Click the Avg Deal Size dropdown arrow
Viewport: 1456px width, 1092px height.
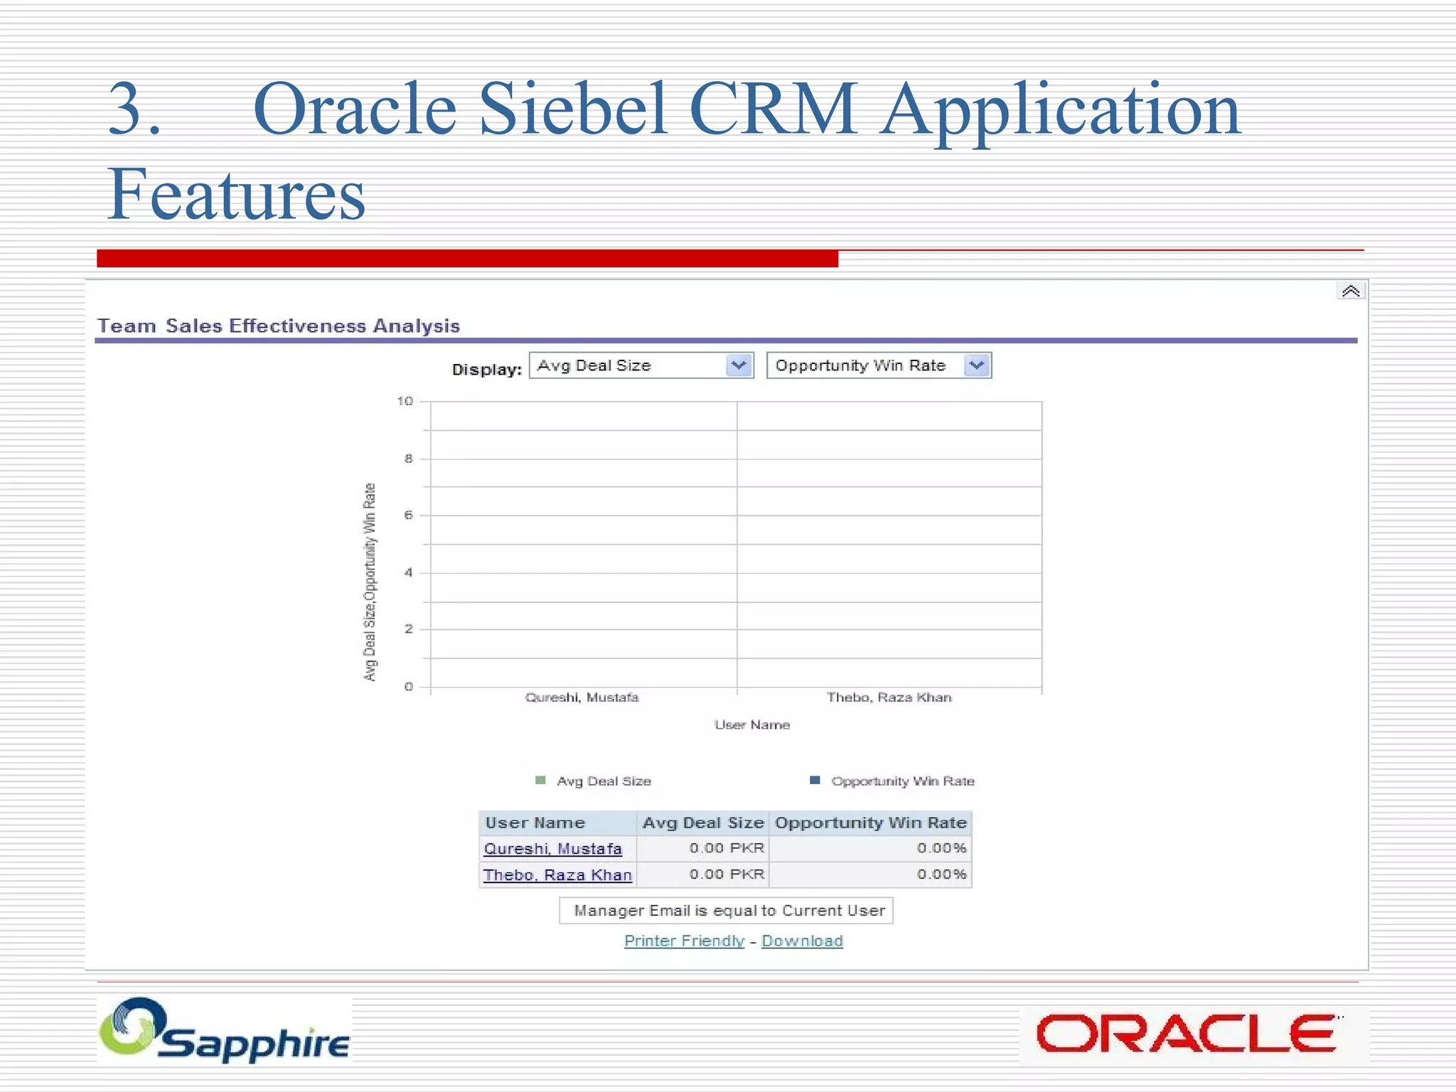739,365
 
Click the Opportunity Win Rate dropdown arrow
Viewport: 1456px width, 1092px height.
978,365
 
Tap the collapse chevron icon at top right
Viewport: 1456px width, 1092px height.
1350,291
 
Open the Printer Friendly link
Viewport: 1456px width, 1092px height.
684,941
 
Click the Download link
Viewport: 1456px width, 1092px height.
802,941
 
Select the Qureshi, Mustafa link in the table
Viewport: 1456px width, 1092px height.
552,849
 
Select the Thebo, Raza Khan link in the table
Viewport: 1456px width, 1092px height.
557,875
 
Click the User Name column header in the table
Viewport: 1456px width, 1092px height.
535,823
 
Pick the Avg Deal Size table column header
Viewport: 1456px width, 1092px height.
702,823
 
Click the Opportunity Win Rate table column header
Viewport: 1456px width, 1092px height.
870,823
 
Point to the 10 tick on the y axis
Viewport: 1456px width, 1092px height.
405,402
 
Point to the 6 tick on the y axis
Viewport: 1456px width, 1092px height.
409,515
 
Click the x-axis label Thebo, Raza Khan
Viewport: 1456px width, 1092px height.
889,697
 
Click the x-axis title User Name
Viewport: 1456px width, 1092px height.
752,725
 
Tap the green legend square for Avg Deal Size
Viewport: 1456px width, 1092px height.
540,781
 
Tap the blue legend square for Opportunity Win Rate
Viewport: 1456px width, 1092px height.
815,781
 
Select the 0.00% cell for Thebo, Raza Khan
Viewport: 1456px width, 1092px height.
941,874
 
